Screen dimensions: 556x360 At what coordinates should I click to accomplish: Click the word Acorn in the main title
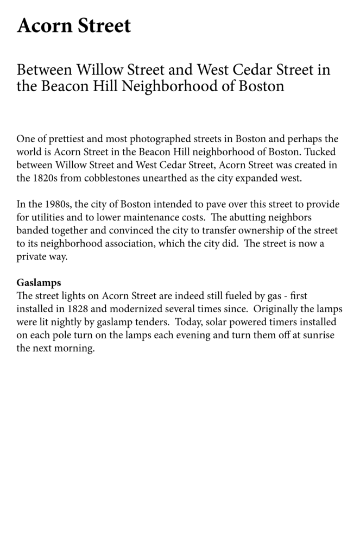click(x=44, y=26)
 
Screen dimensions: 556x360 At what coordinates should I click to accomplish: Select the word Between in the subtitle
click(x=45, y=70)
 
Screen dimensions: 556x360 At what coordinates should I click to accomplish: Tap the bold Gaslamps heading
click(x=39, y=282)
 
